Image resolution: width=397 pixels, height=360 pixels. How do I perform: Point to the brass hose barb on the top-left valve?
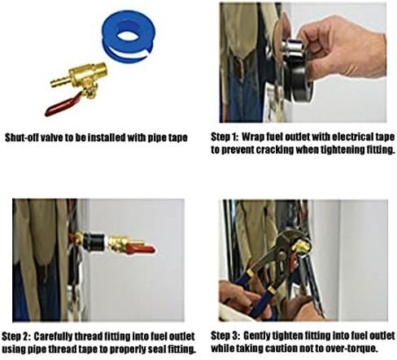click(59, 80)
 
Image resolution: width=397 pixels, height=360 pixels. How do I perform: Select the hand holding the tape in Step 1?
click(342, 49)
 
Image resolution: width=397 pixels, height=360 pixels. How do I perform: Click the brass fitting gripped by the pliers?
click(302, 246)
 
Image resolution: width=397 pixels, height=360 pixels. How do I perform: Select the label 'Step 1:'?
click(225, 137)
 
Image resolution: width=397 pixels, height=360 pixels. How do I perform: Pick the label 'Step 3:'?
click(225, 336)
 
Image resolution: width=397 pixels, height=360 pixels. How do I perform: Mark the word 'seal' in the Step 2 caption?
click(158, 349)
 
